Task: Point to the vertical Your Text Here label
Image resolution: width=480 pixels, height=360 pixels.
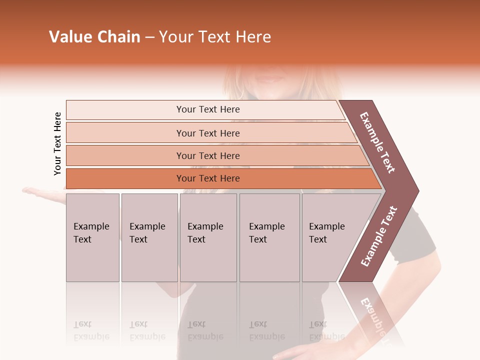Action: point(57,143)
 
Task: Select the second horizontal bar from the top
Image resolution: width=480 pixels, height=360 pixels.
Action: point(207,133)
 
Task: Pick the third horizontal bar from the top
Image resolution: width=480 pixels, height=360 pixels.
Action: point(207,155)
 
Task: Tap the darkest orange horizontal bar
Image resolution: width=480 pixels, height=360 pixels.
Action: point(207,178)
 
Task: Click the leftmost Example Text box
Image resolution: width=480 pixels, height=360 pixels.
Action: point(92,237)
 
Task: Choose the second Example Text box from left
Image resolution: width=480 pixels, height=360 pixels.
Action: point(149,237)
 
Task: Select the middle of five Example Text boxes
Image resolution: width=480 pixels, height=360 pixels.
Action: point(208,237)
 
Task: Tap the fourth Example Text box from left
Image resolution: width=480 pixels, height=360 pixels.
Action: point(269,237)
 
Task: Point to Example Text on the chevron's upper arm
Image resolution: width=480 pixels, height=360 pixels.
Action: point(377,142)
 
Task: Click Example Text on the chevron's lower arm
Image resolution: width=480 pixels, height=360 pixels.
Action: point(379,236)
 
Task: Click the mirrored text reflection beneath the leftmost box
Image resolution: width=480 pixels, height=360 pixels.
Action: point(91,330)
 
